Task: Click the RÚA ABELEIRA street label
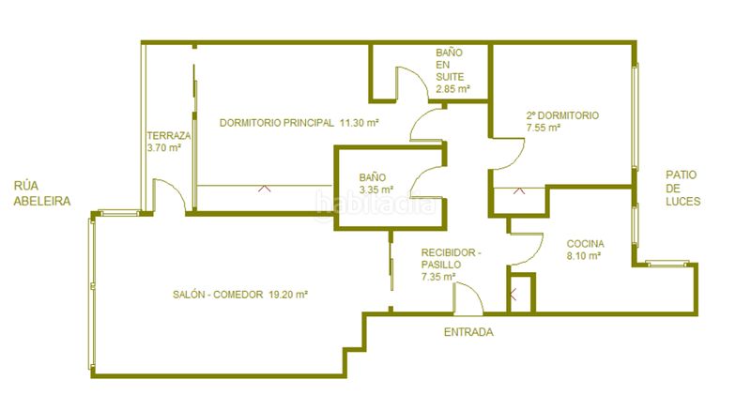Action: click(x=42, y=193)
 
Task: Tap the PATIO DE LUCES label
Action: click(x=683, y=188)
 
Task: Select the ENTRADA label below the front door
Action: click(x=468, y=332)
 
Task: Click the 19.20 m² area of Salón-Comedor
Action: click(x=288, y=295)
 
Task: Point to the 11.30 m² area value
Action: click(x=360, y=123)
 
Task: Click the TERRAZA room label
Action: click(x=169, y=135)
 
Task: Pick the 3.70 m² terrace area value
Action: click(x=163, y=147)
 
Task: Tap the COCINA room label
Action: click(x=585, y=244)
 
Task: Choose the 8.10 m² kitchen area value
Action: click(x=584, y=255)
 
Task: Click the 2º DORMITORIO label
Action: click(x=562, y=115)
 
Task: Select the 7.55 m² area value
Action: click(x=544, y=128)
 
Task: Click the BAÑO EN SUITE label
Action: click(x=450, y=64)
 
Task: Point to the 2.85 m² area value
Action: click(x=452, y=88)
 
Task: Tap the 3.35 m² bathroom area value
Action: click(x=376, y=190)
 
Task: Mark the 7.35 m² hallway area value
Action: click(x=438, y=276)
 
